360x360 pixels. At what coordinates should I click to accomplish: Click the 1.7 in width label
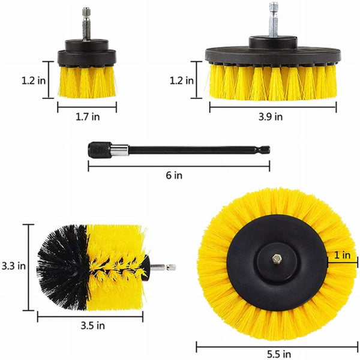[x=87, y=117]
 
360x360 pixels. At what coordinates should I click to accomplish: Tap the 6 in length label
[x=174, y=175]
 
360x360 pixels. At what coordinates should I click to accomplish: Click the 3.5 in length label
[x=93, y=326]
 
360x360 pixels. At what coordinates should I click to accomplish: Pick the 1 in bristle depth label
[x=342, y=255]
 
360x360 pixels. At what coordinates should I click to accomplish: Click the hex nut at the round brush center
[x=277, y=259]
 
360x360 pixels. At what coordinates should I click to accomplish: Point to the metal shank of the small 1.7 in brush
[x=86, y=30]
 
